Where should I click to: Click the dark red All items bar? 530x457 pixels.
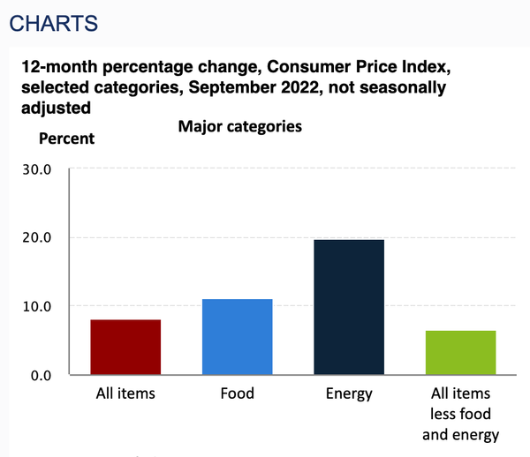click(x=125, y=347)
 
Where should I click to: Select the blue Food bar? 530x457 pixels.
click(x=237, y=337)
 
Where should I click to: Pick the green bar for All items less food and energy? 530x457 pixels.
click(x=460, y=352)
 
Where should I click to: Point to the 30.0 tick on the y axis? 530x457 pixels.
click(x=34, y=169)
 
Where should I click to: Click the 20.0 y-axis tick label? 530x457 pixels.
click(x=34, y=238)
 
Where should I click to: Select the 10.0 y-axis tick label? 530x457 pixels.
click(x=34, y=307)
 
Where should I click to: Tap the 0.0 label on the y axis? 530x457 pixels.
click(x=38, y=376)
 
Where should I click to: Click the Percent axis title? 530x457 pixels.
click(x=66, y=139)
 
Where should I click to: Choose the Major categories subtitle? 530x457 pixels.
click(x=240, y=126)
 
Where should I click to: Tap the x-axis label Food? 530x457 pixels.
click(x=237, y=393)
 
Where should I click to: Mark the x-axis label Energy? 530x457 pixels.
click(x=348, y=393)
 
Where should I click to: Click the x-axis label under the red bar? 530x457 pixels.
click(x=125, y=393)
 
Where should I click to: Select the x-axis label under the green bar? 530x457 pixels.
click(x=460, y=414)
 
